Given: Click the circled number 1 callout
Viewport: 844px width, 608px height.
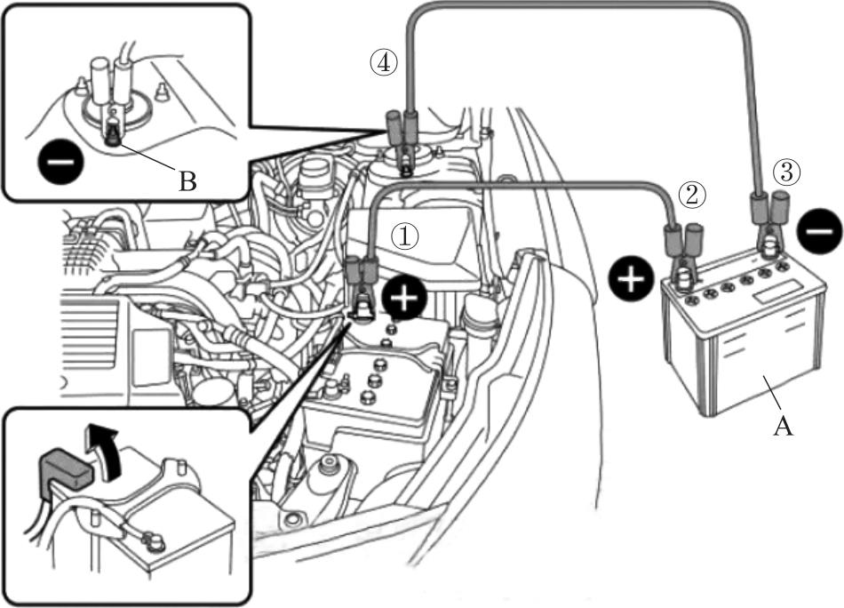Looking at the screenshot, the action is tap(405, 236).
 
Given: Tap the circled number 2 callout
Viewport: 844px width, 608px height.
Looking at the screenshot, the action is tap(691, 196).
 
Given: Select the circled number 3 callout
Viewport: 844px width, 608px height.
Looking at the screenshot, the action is tap(786, 172).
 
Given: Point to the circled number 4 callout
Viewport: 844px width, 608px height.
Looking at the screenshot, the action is tap(383, 63).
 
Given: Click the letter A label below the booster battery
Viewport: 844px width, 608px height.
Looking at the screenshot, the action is tap(783, 427).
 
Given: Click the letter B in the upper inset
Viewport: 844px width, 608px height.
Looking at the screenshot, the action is tap(187, 182).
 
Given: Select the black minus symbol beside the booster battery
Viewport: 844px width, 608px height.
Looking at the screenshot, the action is tap(819, 231).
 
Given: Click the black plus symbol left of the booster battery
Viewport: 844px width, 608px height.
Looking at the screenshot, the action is tap(632, 279).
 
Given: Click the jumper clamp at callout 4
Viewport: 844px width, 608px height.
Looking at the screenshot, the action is tap(402, 141).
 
